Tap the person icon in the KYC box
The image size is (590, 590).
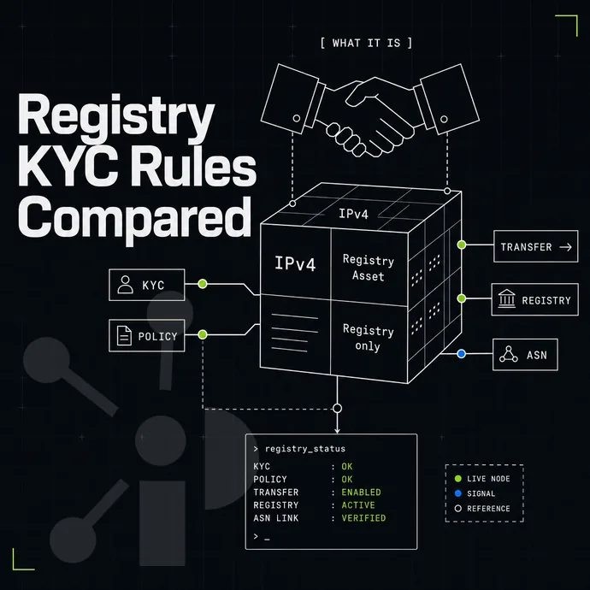pyautogui.click(x=125, y=285)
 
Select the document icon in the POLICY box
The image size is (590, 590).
pyautogui.click(x=124, y=336)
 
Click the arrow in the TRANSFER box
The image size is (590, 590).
pyautogui.click(x=565, y=247)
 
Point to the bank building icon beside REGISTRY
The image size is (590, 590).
pyautogui.click(x=506, y=298)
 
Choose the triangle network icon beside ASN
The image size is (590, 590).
pyautogui.click(x=509, y=354)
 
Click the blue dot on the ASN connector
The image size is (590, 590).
pyautogui.click(x=462, y=354)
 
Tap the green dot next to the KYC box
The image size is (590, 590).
pyautogui.click(x=203, y=284)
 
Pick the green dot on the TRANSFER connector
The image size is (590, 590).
pyautogui.click(x=462, y=245)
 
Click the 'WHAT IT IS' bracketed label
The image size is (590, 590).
pyautogui.click(x=367, y=43)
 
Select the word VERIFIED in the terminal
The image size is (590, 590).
pyautogui.click(x=363, y=518)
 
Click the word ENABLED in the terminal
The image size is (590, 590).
pyautogui.click(x=361, y=493)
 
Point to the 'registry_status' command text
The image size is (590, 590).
pyautogui.click(x=305, y=449)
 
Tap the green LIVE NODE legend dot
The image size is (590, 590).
pyautogui.click(x=458, y=479)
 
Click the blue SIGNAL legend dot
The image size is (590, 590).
pyautogui.click(x=458, y=493)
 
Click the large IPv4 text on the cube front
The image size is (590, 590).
pyautogui.click(x=295, y=263)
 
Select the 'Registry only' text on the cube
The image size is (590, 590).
pyautogui.click(x=368, y=338)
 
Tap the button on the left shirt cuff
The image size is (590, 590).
pyautogui.click(x=297, y=118)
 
